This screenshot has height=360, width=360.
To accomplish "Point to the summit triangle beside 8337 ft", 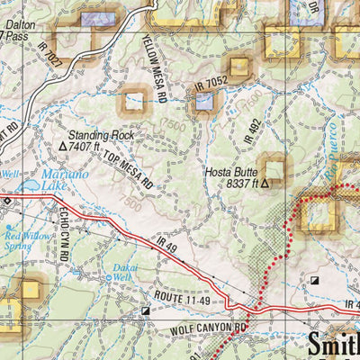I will coord(265,183).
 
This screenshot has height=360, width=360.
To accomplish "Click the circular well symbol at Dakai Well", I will coord(109,278).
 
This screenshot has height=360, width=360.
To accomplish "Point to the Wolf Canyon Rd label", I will coord(208,330).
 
